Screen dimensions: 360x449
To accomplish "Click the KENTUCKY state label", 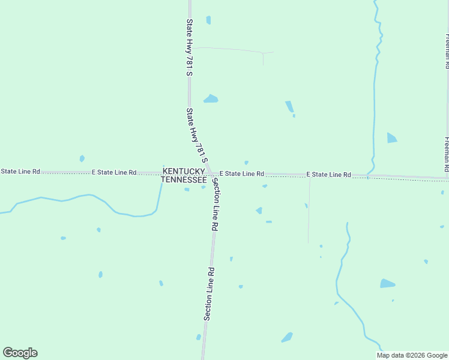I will pos(184,171).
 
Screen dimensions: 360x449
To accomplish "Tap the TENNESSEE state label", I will pos(184,179).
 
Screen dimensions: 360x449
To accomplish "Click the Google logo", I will pos(20,353).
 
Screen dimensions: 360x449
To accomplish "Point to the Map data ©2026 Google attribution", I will pos(412,355).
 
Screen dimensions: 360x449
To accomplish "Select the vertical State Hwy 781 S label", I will pos(189,47).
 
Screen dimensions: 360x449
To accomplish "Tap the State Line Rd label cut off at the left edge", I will pos(20,172).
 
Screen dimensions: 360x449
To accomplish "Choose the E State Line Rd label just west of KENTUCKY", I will pos(114,172).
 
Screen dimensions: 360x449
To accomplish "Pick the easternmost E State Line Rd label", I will pos(328,175).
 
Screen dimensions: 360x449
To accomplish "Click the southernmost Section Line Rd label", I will pos(208,293).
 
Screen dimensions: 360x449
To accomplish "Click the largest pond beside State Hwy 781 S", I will pos(211,99).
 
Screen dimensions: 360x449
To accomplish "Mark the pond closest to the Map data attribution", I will pos(387,283).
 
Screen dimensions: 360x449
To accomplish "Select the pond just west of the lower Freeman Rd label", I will pos(391,137).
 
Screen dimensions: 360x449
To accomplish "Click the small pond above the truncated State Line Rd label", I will pos(82,158).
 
